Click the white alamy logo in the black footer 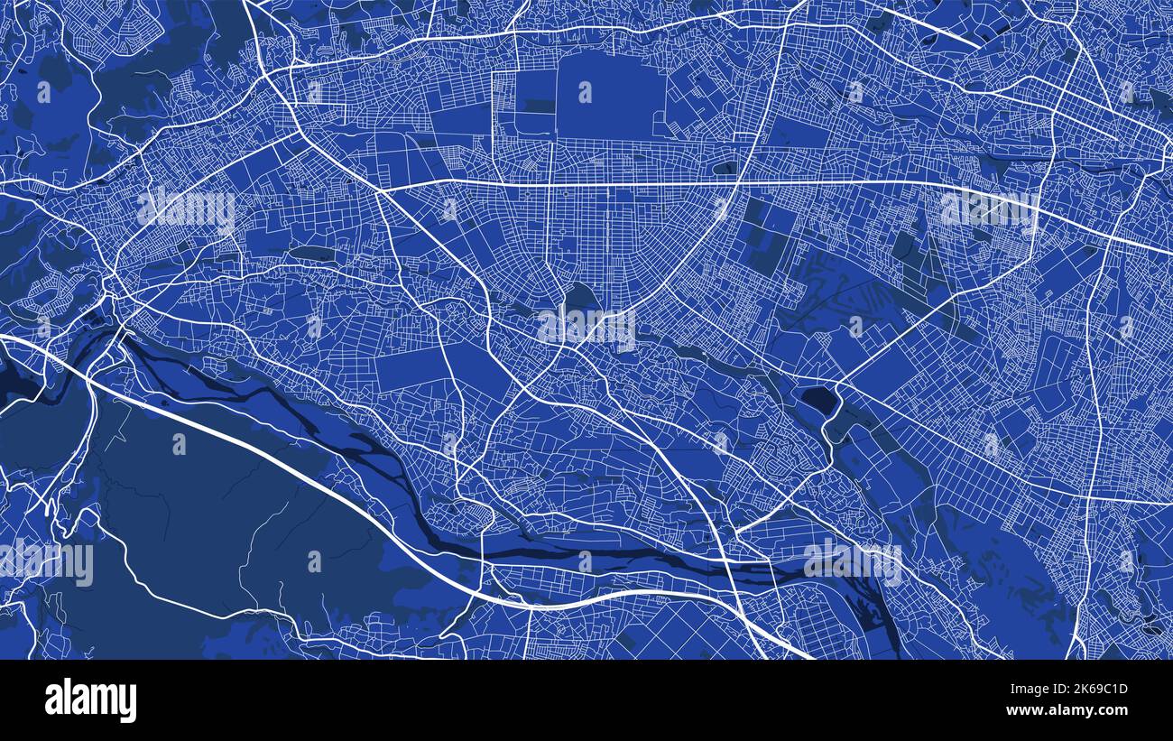(x=91, y=700)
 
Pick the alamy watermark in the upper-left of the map (x=186, y=209)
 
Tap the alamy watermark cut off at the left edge (x=45, y=562)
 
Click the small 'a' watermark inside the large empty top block (x=586, y=91)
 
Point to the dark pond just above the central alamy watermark (x=580, y=295)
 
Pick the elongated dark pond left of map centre (x=309, y=254)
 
